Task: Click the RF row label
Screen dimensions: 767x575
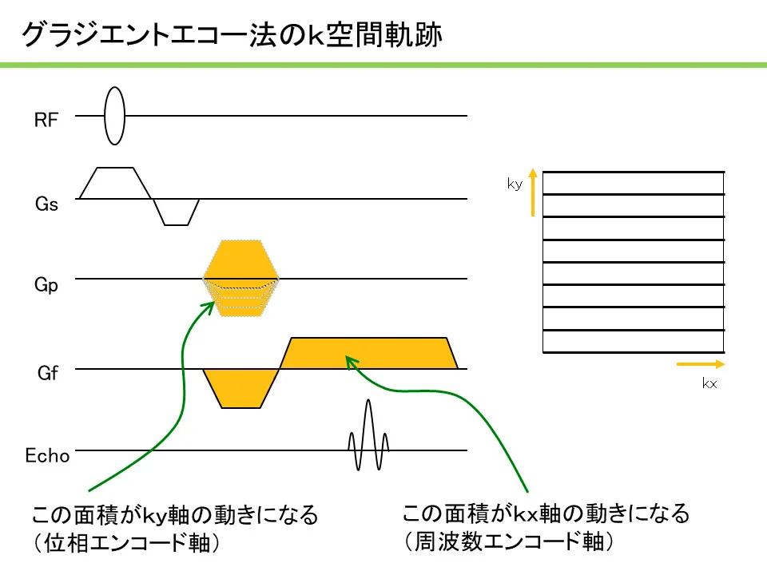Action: (x=46, y=120)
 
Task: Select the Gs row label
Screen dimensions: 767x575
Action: (x=46, y=204)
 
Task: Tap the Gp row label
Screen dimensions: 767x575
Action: (x=46, y=284)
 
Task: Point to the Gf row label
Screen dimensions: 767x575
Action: (x=47, y=373)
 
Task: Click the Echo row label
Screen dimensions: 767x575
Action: (x=47, y=456)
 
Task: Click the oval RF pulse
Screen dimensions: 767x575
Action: (x=114, y=116)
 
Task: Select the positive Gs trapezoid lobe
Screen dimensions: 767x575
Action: (x=115, y=183)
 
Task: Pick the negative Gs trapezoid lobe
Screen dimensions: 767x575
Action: (x=176, y=212)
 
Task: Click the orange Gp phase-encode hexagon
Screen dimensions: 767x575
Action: (x=241, y=278)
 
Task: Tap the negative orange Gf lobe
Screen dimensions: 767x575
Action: (x=240, y=388)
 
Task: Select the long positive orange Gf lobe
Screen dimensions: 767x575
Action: (x=369, y=353)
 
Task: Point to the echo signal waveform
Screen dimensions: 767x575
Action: (x=368, y=435)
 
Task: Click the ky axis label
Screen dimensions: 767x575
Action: (x=515, y=184)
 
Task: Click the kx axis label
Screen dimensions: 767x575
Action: (x=709, y=383)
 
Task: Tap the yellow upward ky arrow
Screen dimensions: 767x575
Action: (x=533, y=192)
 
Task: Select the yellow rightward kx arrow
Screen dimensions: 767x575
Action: (x=701, y=364)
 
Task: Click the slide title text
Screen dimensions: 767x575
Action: (x=232, y=34)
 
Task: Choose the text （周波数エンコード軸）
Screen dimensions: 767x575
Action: (x=508, y=541)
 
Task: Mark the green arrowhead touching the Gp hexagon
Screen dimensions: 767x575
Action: (x=209, y=306)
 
